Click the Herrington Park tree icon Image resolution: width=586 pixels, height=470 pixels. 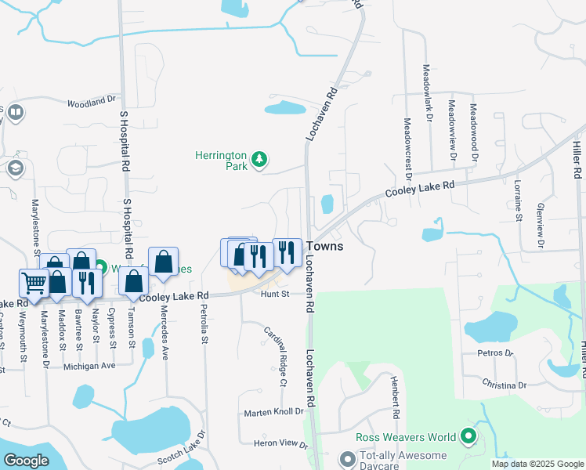tap(259, 161)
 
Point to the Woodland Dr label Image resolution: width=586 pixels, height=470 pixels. tap(91, 102)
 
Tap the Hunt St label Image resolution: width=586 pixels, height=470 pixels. tap(276, 294)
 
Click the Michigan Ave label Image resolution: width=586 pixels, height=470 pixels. tap(89, 366)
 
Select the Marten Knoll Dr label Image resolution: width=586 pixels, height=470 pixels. tap(273, 411)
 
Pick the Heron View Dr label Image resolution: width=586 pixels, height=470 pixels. tap(280, 444)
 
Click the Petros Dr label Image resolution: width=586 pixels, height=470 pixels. tap(494, 353)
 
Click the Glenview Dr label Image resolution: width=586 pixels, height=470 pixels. tap(540, 226)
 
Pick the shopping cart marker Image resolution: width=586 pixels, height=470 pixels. tap(33, 284)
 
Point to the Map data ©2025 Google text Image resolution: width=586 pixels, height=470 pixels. tap(537, 464)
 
